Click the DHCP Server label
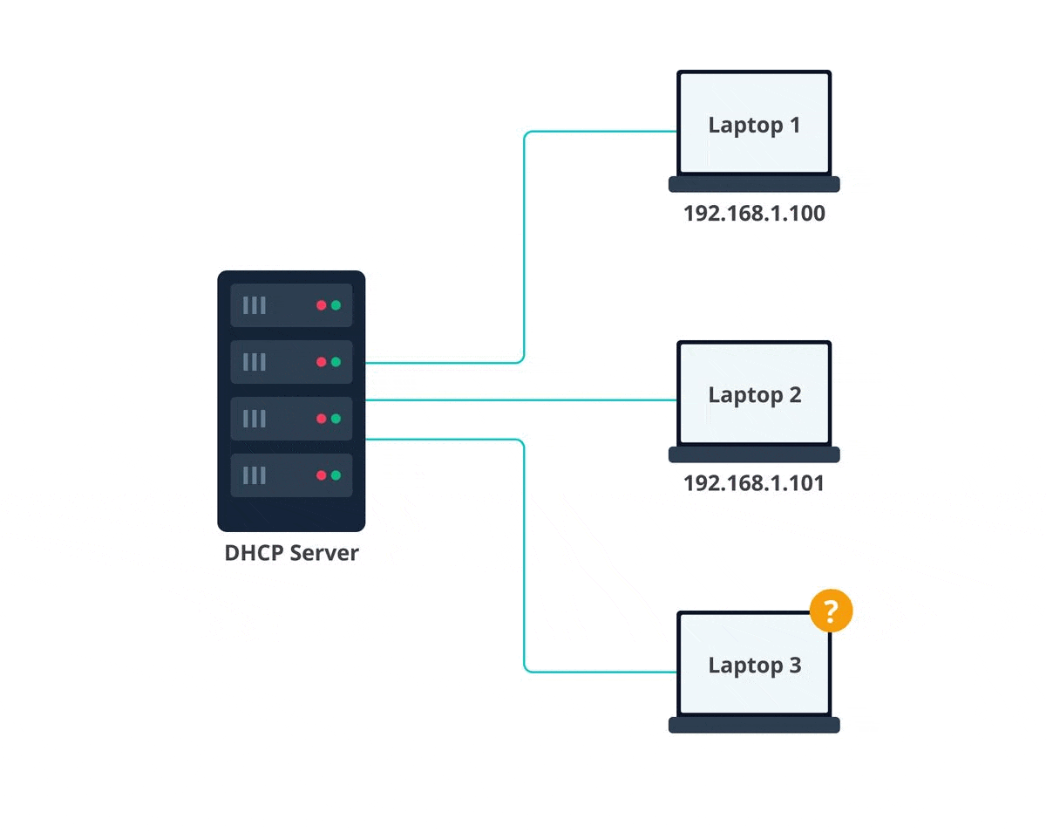point(291,553)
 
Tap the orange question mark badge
point(831,610)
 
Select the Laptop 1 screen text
point(754,125)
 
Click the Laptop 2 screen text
point(754,395)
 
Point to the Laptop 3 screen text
point(754,666)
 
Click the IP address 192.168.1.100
point(754,213)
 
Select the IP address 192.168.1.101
point(754,483)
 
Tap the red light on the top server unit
point(322,305)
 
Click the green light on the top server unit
point(336,305)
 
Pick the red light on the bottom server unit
point(322,475)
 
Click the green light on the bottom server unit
point(336,475)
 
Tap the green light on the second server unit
point(336,362)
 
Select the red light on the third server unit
point(322,419)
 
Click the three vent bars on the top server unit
point(254,305)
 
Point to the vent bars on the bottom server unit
point(254,475)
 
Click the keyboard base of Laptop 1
point(754,184)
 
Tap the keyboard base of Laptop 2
point(754,454)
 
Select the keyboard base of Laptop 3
point(754,725)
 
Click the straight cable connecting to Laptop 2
point(523,400)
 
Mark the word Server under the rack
point(323,553)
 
